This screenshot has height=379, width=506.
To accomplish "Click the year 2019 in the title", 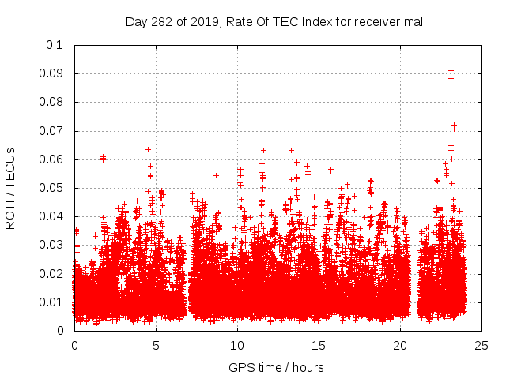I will point(198,21).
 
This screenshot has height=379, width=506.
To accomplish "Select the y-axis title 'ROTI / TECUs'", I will point(10,188).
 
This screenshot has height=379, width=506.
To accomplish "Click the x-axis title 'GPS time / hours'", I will point(276,367).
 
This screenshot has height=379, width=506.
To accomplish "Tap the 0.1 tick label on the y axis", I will point(54,45).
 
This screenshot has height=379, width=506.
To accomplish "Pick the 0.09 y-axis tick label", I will point(51,73).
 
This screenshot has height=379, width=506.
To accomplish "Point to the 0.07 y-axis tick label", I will point(51,130).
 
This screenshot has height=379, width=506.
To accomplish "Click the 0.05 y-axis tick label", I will point(51,188).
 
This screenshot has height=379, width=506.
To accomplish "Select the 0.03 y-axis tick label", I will point(51,245).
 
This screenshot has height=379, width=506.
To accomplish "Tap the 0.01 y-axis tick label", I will point(51,302).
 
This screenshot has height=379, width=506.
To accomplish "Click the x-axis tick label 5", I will point(156,345).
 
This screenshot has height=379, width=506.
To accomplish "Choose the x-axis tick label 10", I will point(237,345).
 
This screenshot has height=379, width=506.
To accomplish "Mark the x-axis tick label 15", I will point(319,345).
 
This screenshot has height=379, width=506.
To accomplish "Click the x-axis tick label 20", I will point(400,345).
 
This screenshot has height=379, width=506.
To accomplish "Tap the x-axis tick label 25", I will point(481,345).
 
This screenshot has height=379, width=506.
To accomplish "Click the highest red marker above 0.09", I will point(451,70).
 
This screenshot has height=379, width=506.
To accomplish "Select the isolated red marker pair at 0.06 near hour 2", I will point(103,158).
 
